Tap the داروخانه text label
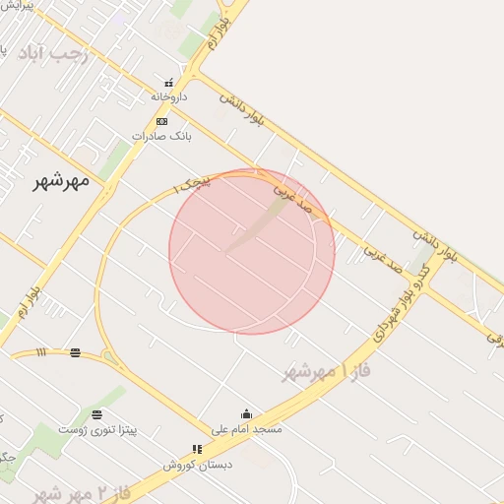(x=168, y=97)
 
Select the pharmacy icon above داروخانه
(x=168, y=83)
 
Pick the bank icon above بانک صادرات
(x=161, y=121)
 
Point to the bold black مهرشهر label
(x=61, y=180)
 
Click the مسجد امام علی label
(x=247, y=429)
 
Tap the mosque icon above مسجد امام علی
(x=246, y=414)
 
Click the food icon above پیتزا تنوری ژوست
(x=96, y=414)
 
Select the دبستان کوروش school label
(x=198, y=464)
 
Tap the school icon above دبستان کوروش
(x=198, y=449)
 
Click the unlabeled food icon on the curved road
(x=76, y=352)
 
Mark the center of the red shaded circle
(x=252, y=252)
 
